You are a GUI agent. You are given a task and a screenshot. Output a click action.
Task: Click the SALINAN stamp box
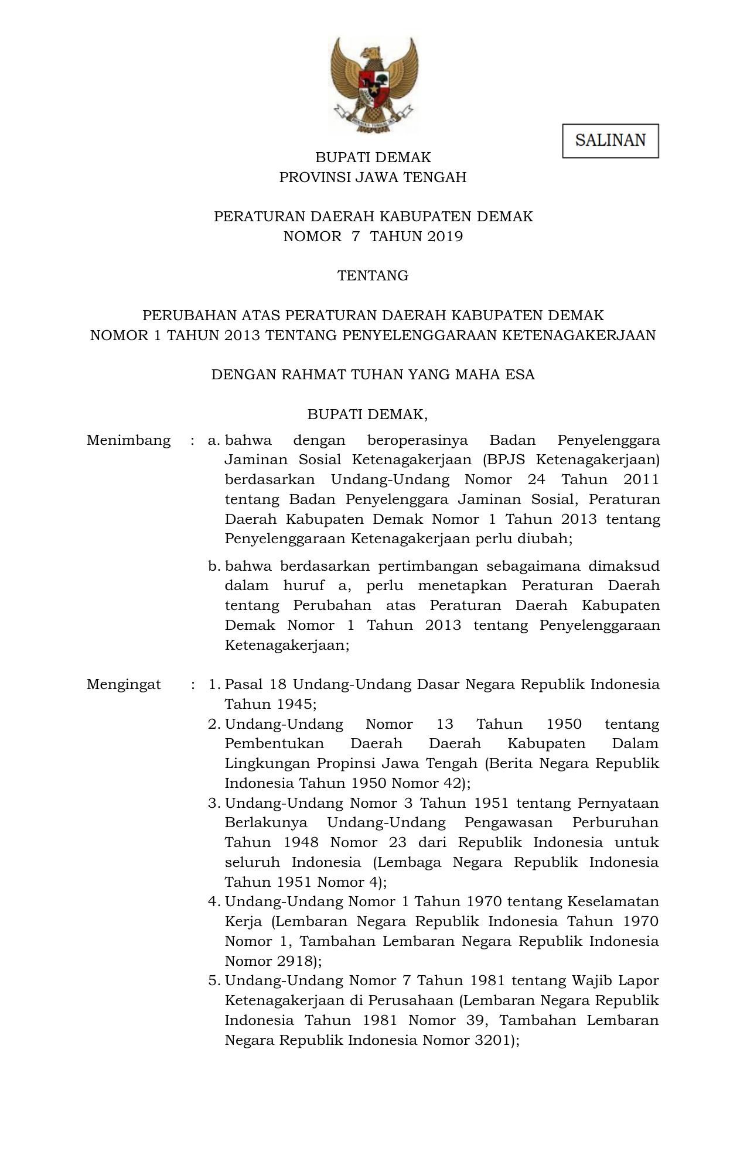click(x=610, y=140)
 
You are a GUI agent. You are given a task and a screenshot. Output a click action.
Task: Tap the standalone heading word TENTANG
click(x=373, y=276)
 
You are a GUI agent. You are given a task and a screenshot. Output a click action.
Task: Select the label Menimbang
click(x=129, y=440)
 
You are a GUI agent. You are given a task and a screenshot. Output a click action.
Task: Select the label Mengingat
click(x=124, y=684)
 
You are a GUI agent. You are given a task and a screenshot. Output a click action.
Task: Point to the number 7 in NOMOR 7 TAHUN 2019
click(x=356, y=236)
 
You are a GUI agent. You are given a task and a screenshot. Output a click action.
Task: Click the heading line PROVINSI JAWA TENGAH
click(x=373, y=177)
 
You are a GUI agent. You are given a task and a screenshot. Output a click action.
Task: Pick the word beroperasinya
click(x=417, y=440)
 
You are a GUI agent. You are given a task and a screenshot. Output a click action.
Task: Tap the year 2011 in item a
click(x=641, y=480)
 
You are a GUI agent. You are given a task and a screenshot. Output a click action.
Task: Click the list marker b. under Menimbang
click(x=214, y=566)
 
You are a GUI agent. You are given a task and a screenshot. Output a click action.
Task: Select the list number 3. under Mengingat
click(x=214, y=803)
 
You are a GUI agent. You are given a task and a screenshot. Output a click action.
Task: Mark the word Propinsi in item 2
click(x=346, y=763)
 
